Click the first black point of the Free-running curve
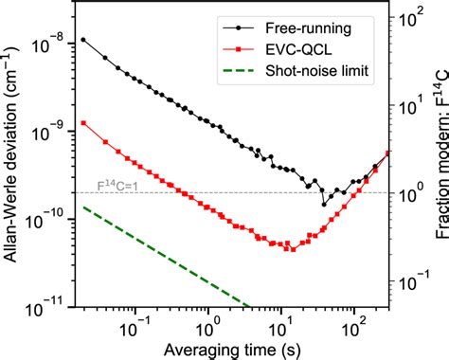[x=83, y=40]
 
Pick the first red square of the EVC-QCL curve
[x=83, y=122]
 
